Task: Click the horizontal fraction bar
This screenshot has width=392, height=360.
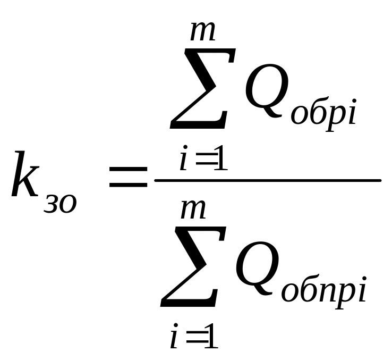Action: tap(267, 181)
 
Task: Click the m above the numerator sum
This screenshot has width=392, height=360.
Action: tap(203, 30)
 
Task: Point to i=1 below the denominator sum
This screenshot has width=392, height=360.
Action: tap(194, 339)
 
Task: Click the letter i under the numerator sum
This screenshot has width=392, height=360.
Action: tap(184, 161)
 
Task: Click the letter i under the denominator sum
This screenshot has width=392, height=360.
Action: tap(174, 339)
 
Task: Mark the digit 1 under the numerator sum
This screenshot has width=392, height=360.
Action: tap(220, 161)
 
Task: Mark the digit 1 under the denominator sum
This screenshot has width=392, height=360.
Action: tap(211, 339)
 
